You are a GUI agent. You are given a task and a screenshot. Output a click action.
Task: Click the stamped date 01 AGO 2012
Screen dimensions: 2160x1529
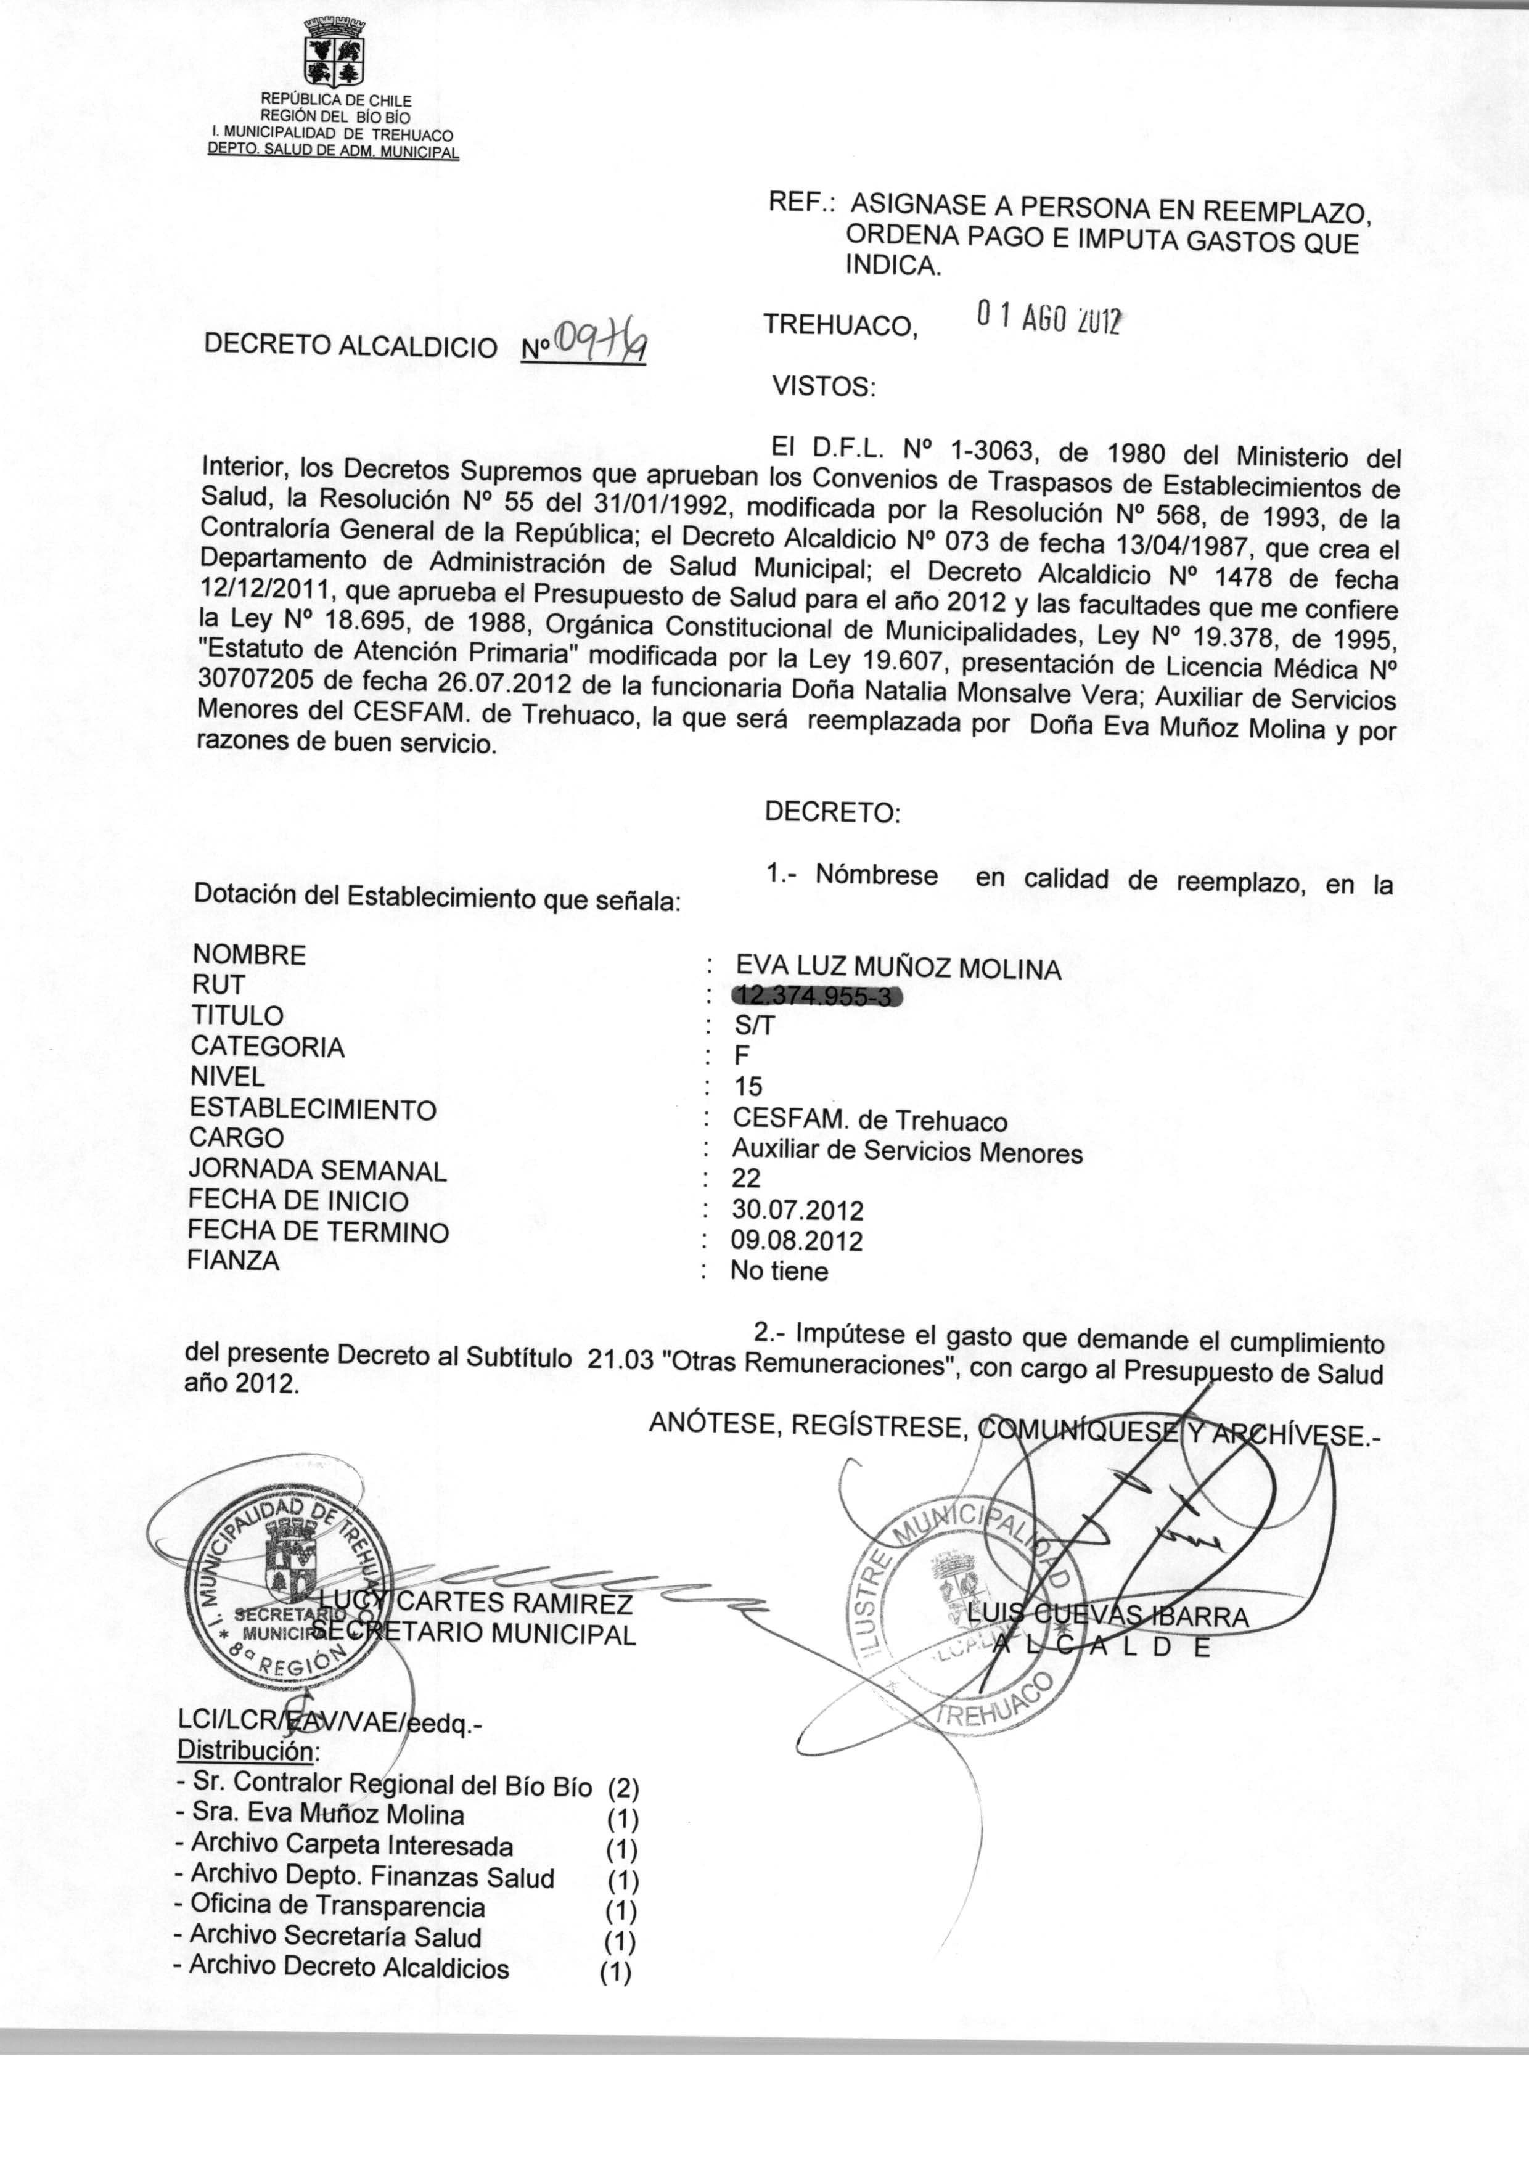tap(1049, 319)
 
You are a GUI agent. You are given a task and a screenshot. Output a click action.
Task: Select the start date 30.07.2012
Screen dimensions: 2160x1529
tap(797, 1209)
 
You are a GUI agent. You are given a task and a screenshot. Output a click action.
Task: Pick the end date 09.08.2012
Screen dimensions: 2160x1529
tap(797, 1240)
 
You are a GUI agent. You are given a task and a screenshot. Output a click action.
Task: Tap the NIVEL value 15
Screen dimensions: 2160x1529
tap(748, 1087)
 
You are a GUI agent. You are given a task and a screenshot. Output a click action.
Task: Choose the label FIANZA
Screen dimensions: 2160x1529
tap(234, 1260)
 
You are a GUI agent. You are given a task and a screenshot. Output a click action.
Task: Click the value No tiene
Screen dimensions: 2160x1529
tap(779, 1272)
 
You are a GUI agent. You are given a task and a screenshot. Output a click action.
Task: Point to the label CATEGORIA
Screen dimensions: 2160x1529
tap(268, 1047)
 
